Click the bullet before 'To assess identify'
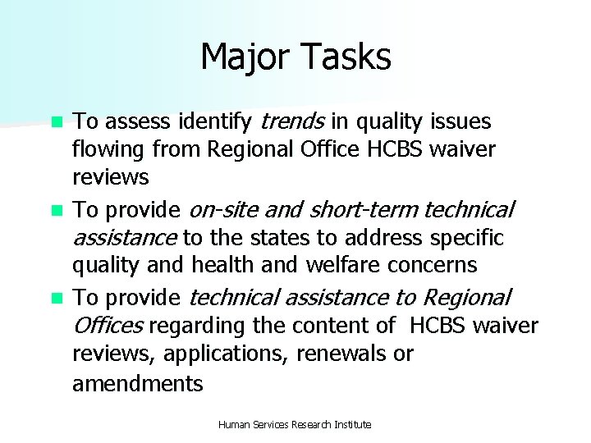[x=57, y=123]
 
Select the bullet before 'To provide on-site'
[x=57, y=210]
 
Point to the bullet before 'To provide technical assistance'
[x=57, y=297]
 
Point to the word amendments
[x=138, y=383]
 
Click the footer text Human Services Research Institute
[x=295, y=424]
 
